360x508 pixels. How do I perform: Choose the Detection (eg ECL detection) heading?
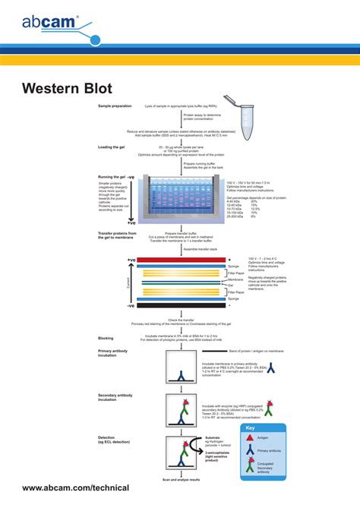[x=114, y=440]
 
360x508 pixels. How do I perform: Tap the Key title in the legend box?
[x=251, y=428]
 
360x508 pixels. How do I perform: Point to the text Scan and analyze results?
[x=182, y=480]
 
